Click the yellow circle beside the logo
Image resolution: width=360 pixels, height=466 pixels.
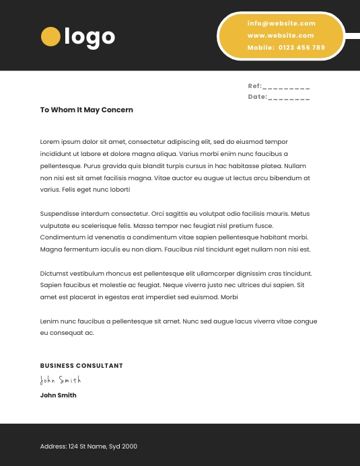pyautogui.click(x=50, y=36)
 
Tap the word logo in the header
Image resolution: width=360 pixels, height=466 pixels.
pyautogui.click(x=89, y=37)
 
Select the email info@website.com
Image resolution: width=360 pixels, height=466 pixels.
pyautogui.click(x=281, y=24)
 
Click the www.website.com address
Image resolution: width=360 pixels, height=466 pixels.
pyautogui.click(x=281, y=36)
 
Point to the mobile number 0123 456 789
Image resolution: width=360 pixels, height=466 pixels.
pyautogui.click(x=301, y=48)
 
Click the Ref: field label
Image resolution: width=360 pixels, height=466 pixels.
pyautogui.click(x=254, y=86)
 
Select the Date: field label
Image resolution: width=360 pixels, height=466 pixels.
pyautogui.click(x=257, y=97)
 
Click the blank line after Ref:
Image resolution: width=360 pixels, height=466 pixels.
pyautogui.click(x=286, y=87)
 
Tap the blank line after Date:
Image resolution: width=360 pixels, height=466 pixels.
pyautogui.click(x=289, y=98)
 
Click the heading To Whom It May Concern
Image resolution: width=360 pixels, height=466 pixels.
pyautogui.click(x=87, y=110)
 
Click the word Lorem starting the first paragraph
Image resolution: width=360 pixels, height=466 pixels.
pyautogui.click(x=50, y=142)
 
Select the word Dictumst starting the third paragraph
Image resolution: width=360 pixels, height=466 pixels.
pyautogui.click(x=55, y=274)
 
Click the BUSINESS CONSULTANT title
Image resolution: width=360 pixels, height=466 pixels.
pyautogui.click(x=81, y=366)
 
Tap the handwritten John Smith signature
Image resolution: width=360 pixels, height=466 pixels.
pyautogui.click(x=61, y=381)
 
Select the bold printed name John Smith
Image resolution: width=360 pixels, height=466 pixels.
pyautogui.click(x=59, y=395)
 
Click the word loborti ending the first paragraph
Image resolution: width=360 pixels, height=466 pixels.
pyautogui.click(x=119, y=190)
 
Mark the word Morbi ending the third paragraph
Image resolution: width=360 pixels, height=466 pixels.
pyautogui.click(x=229, y=297)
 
